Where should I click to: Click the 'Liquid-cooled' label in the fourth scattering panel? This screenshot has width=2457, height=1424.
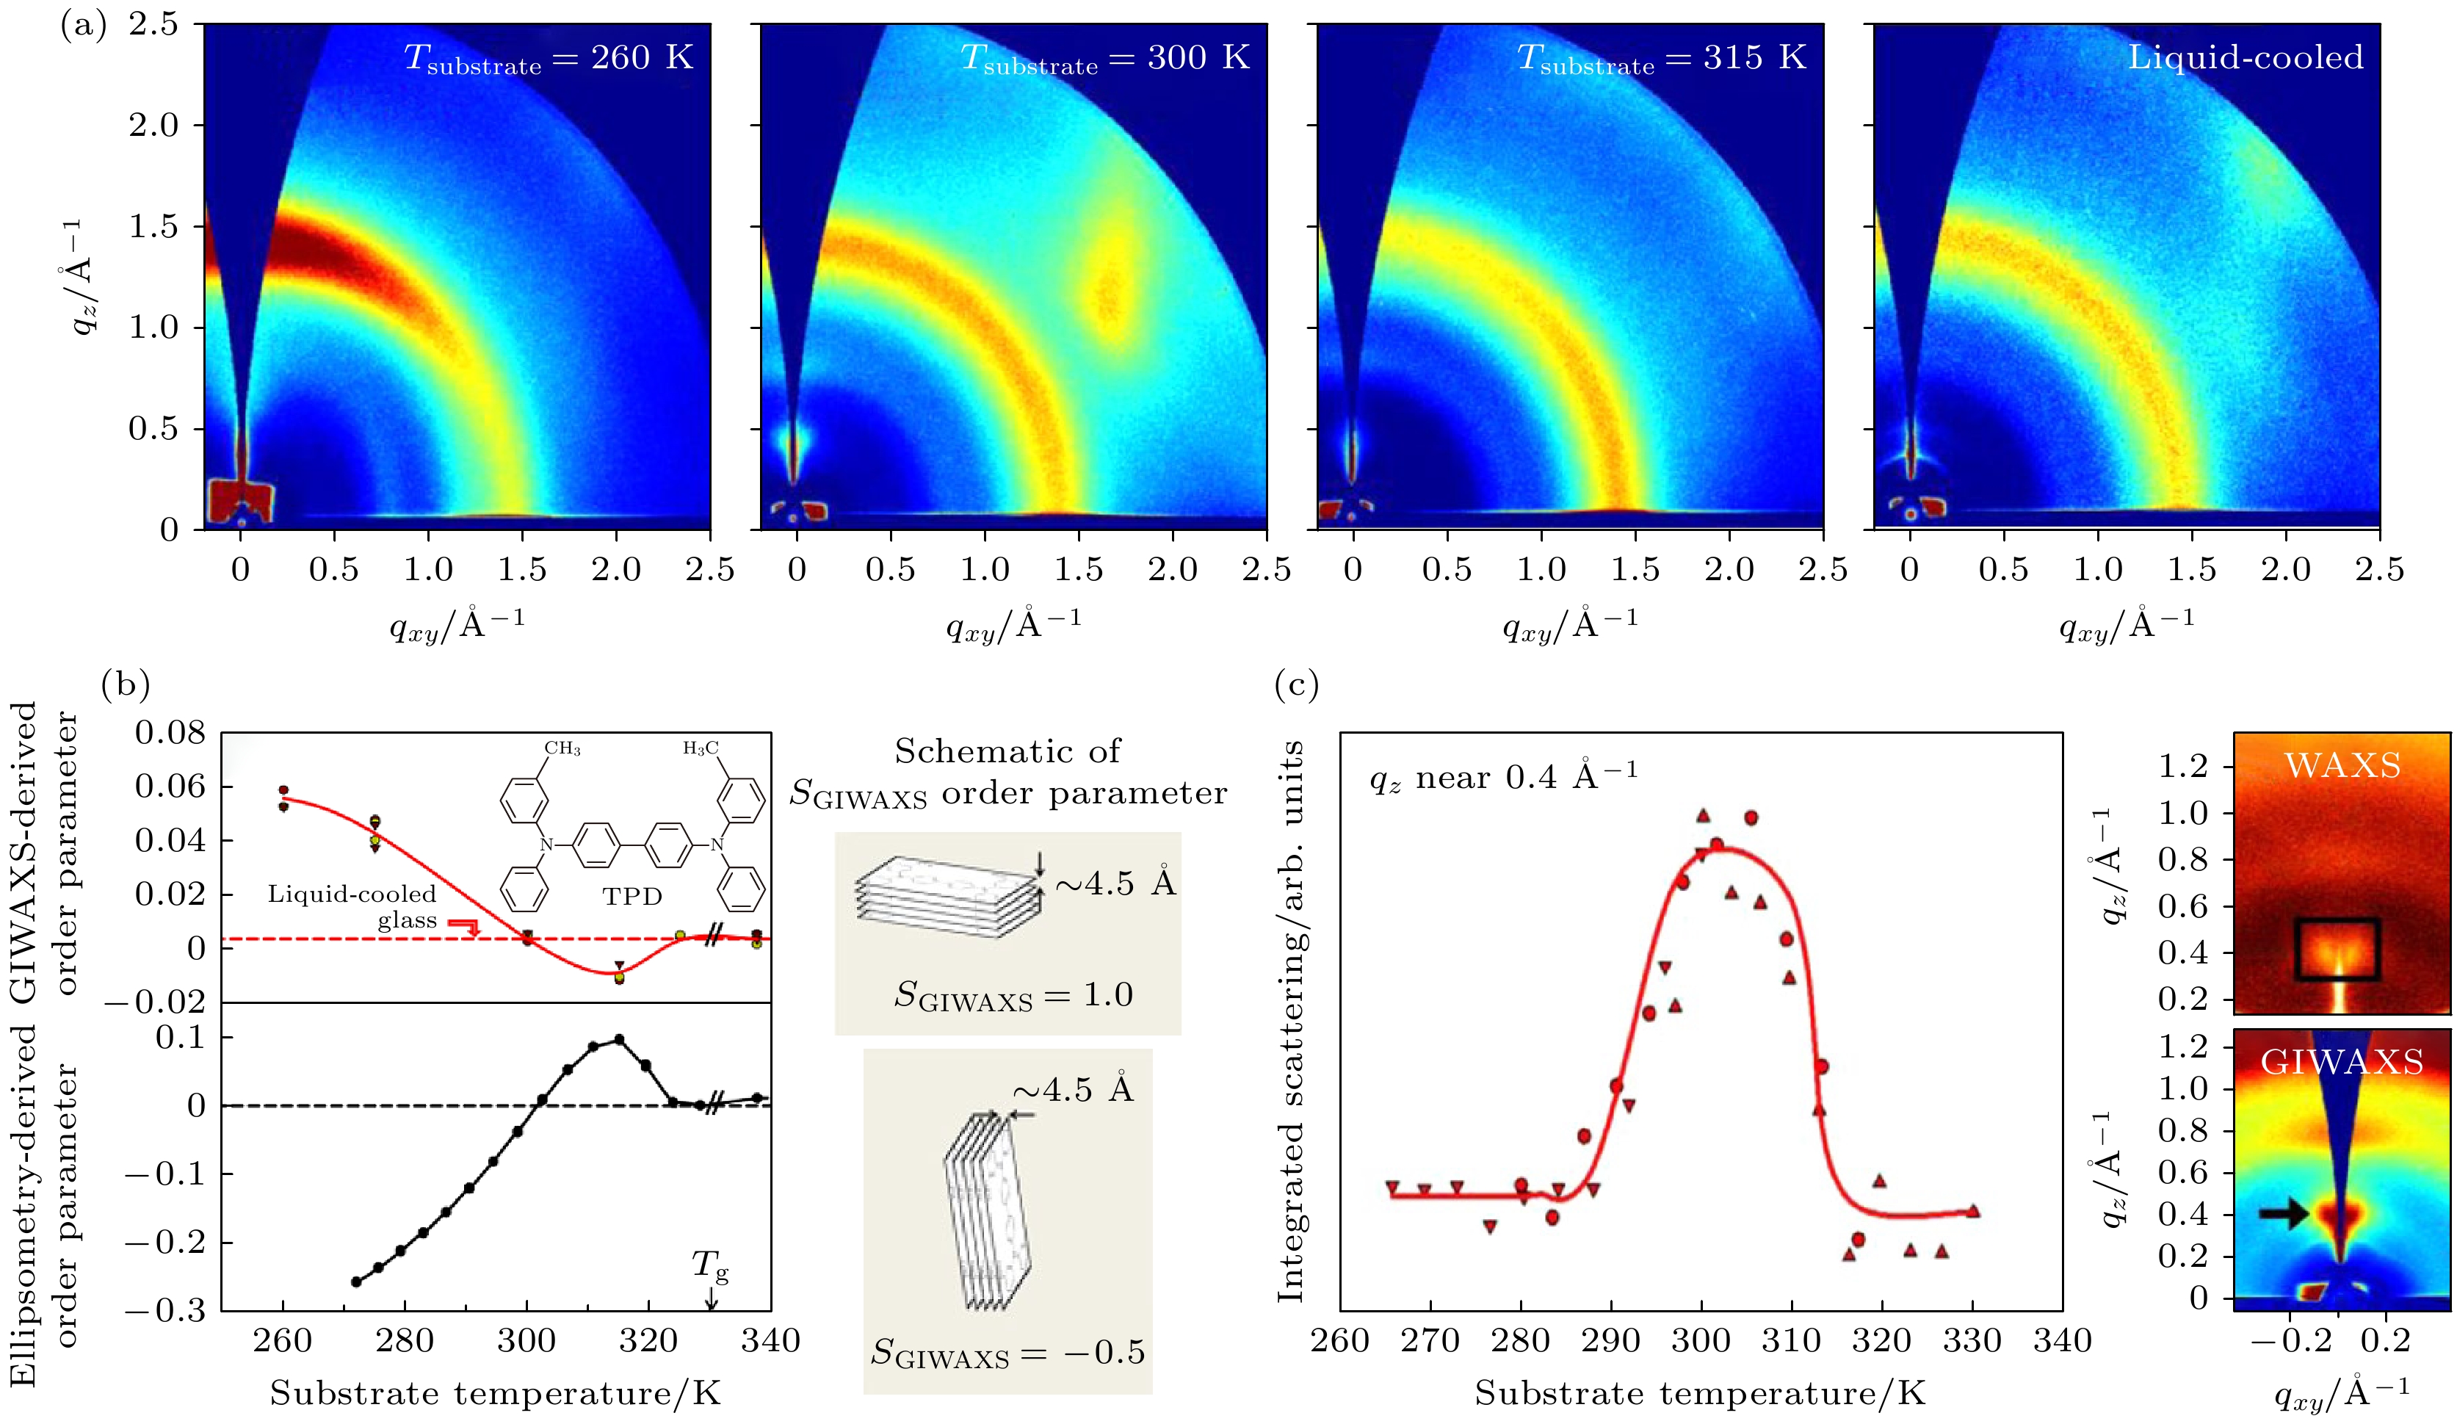click(x=2245, y=57)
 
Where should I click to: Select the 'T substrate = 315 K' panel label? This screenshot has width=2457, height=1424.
click(x=1662, y=59)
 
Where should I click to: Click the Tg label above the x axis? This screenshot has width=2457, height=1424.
click(x=710, y=1266)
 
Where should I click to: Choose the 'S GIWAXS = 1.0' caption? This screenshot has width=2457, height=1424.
click(x=1013, y=996)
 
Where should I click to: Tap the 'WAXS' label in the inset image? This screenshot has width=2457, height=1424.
click(x=2342, y=766)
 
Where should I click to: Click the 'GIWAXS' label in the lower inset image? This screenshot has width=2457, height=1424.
click(x=2341, y=1062)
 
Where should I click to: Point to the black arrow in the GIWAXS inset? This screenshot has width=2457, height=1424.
click(x=2284, y=1213)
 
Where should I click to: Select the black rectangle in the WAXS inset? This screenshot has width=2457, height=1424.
click(x=2337, y=949)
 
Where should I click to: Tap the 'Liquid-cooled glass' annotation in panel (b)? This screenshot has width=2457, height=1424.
click(x=353, y=907)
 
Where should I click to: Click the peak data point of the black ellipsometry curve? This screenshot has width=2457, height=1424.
click(x=618, y=1040)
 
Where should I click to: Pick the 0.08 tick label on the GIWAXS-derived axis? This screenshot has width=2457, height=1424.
click(x=170, y=732)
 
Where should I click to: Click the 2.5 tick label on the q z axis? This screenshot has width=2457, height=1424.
click(x=154, y=24)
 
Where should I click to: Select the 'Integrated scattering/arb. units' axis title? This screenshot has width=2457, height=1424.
click(x=1291, y=1022)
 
